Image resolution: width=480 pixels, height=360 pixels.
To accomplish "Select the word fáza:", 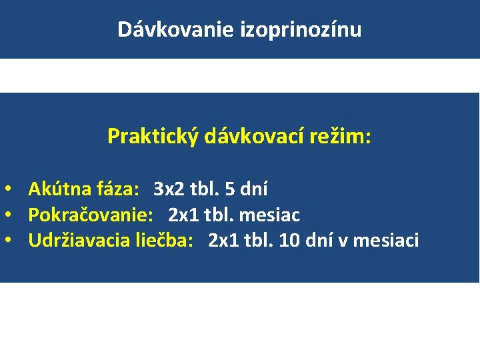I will [117, 189].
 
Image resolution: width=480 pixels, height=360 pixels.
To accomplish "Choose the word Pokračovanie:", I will [91, 215].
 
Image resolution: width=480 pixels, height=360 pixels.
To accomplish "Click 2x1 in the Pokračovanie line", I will [185, 215].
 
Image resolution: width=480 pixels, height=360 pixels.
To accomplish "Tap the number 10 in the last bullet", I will [289, 240].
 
